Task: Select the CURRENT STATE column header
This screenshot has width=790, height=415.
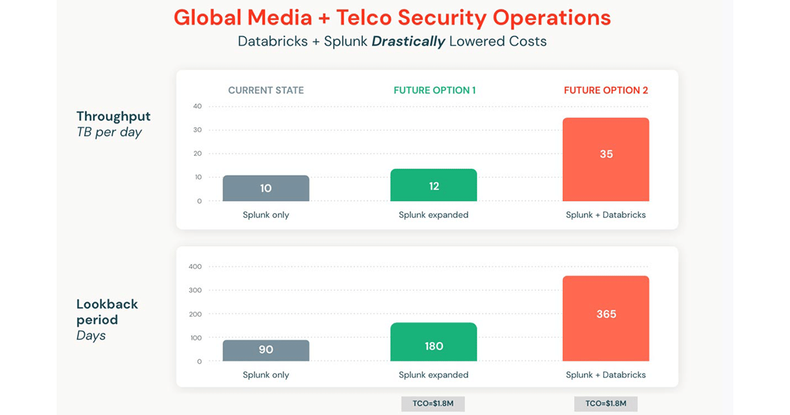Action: (x=266, y=90)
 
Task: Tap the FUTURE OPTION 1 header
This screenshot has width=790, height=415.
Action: (x=434, y=90)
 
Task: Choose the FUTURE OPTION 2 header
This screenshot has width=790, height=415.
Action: (x=606, y=90)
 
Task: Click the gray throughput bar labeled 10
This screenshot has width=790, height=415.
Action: (x=266, y=188)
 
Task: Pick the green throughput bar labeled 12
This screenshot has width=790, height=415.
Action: (x=433, y=185)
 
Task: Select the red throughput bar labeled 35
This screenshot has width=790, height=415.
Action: (x=606, y=159)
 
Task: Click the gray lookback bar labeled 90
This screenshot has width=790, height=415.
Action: (x=266, y=350)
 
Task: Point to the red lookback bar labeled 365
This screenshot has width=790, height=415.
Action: (x=606, y=318)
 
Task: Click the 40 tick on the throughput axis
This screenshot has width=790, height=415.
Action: (x=197, y=107)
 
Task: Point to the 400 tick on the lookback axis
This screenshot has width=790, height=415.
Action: (x=195, y=267)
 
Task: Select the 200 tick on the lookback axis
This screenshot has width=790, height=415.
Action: (x=195, y=314)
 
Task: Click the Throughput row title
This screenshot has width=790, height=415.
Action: (x=113, y=117)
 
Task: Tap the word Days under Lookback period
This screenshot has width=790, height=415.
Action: (x=91, y=336)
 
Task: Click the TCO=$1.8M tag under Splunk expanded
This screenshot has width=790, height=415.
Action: (x=433, y=403)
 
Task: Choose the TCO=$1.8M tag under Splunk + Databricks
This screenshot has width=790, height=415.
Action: (x=606, y=403)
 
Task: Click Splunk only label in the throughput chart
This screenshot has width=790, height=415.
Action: (x=266, y=215)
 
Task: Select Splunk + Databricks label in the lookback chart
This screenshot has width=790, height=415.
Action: (x=606, y=375)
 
